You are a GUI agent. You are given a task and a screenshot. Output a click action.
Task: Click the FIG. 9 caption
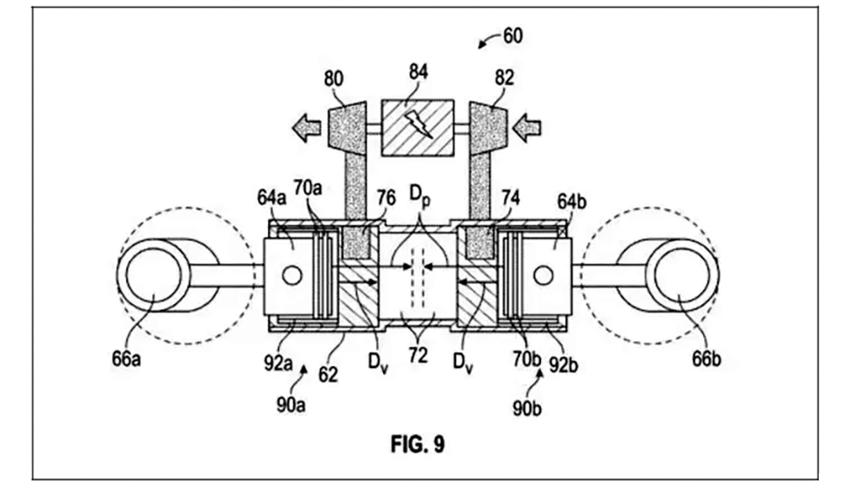coord(417,445)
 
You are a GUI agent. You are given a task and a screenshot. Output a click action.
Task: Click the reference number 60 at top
coord(513,36)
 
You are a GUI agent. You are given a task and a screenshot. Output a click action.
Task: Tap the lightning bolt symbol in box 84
coord(422,125)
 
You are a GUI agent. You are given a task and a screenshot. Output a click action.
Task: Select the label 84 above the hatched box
coord(418,72)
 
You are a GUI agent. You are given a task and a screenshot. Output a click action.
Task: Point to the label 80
coord(333,79)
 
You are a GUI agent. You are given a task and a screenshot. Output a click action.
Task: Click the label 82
coord(504,78)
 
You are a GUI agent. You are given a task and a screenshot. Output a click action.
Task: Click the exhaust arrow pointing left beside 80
coord(306,128)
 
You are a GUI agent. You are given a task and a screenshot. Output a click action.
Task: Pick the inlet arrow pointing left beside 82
coord(527,128)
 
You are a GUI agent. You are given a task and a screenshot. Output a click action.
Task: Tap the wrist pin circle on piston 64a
coord(292,276)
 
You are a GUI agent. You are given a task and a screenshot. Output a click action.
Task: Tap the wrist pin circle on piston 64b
coord(543,276)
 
